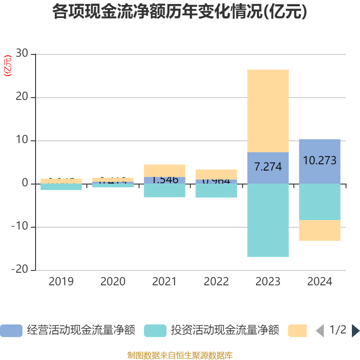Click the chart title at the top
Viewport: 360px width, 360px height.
click(x=180, y=12)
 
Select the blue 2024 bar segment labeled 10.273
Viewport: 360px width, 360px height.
click(x=319, y=161)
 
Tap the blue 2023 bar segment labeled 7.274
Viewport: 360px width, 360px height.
click(x=268, y=167)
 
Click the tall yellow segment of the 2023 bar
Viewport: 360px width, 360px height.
click(x=268, y=110)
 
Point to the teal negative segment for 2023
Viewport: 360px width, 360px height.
click(x=268, y=220)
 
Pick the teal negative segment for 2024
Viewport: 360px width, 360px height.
click(x=319, y=202)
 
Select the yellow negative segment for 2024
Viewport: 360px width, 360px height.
click(x=319, y=230)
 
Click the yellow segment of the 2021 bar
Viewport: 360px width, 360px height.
click(x=164, y=170)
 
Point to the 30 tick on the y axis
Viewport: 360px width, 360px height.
click(x=22, y=54)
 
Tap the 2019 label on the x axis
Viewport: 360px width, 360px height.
click(x=61, y=282)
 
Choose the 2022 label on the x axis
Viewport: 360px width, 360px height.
click(x=216, y=282)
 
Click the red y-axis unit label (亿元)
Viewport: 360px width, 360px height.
click(x=8, y=66)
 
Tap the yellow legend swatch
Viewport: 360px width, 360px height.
click(x=297, y=331)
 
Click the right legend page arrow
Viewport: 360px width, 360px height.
click(x=355, y=331)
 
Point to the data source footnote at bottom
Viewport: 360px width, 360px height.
click(x=180, y=355)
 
